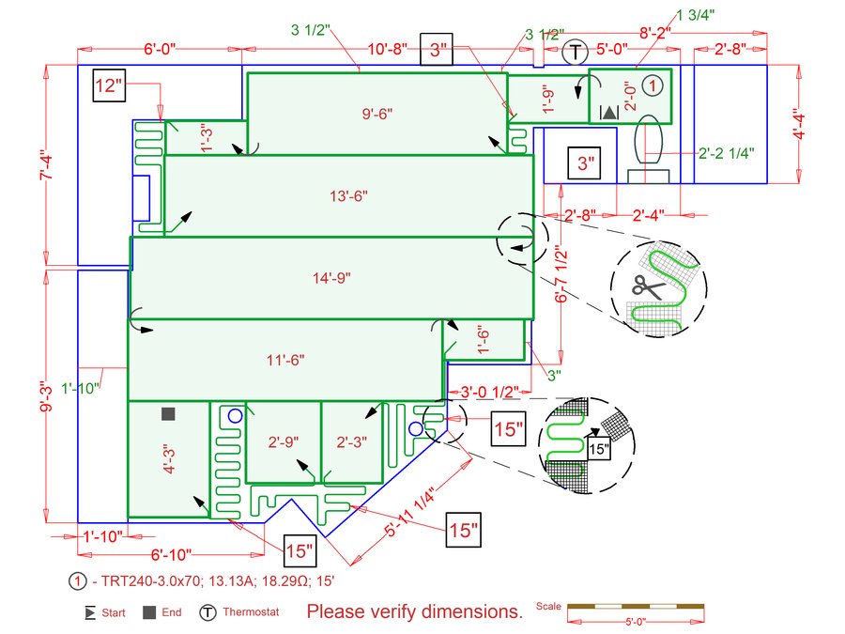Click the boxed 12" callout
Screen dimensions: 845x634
tap(109, 85)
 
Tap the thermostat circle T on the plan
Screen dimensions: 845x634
tap(575, 53)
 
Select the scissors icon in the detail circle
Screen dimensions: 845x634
tap(647, 286)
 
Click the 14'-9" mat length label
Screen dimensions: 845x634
tap(331, 278)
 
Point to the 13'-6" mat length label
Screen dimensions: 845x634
tap(348, 195)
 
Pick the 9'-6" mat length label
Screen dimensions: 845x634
tap(377, 114)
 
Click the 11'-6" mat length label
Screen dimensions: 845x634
tap(285, 360)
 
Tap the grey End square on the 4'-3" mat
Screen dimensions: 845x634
tap(168, 413)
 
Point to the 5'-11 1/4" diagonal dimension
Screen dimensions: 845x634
tap(409, 512)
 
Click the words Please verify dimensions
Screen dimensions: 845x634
tap(415, 611)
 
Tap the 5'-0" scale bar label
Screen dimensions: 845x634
tap(636, 622)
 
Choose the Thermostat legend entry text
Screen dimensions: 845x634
tap(251, 611)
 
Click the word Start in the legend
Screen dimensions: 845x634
tap(114, 612)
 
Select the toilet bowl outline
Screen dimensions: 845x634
tap(648, 140)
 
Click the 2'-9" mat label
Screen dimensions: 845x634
tap(284, 442)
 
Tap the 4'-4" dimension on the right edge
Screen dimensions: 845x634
tap(799, 124)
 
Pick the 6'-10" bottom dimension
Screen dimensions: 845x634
tap(172, 554)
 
